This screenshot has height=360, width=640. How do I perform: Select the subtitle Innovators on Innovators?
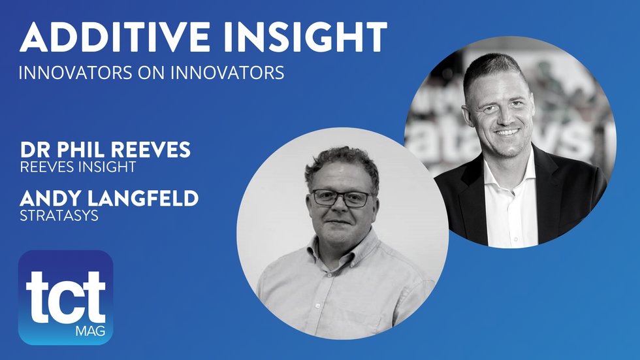pos(152,73)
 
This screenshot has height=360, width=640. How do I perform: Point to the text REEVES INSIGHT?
pos(78,167)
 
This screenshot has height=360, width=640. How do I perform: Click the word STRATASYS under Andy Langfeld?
pos(59,216)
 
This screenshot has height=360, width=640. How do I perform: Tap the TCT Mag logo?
pos(65,297)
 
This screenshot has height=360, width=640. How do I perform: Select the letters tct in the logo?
pos(65,291)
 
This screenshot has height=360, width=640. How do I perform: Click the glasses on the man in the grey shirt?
pos(340,197)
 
